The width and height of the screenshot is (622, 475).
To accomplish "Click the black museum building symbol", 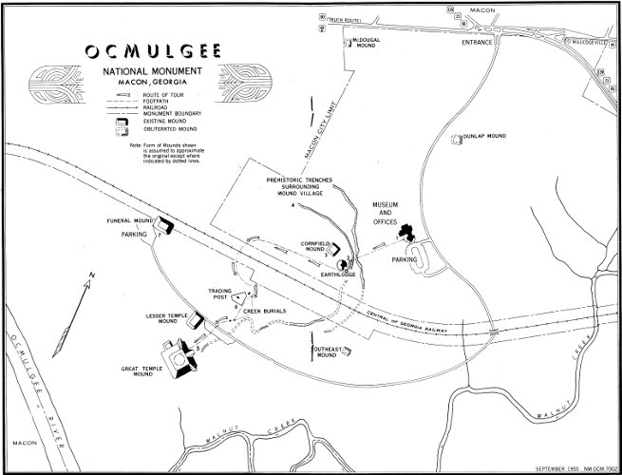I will (408, 233).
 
